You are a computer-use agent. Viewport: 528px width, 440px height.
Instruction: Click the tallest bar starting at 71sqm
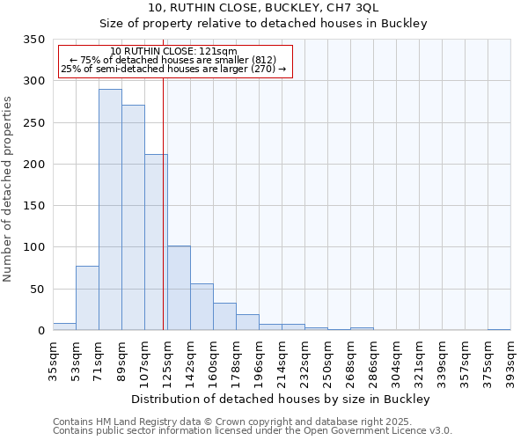click(110, 209)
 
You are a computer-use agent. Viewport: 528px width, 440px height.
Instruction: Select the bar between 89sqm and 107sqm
click(133, 217)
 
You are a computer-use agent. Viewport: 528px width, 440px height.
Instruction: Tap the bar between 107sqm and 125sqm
click(156, 242)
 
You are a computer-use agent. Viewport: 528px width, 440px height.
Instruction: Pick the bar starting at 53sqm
click(87, 297)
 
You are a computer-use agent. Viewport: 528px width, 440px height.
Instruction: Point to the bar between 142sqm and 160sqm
click(202, 306)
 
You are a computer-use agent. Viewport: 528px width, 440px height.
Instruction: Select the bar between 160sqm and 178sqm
click(224, 316)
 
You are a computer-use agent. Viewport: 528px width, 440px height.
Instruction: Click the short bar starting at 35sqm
click(64, 326)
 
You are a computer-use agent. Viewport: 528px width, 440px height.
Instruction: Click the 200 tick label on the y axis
click(34, 165)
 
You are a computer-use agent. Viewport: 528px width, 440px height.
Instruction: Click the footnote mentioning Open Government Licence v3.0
click(253, 430)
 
